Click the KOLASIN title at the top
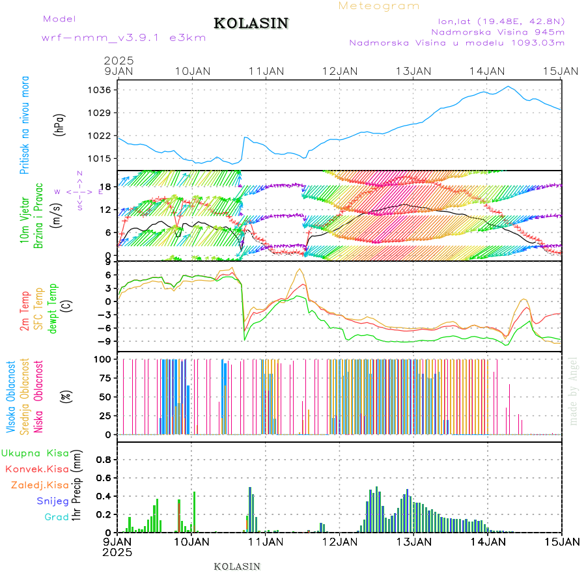click(x=251, y=23)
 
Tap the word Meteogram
click(x=379, y=6)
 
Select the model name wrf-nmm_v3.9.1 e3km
click(x=123, y=38)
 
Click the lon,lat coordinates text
click(x=501, y=20)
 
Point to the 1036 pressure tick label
click(x=101, y=90)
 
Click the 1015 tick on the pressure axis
click(x=101, y=159)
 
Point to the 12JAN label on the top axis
click(x=340, y=71)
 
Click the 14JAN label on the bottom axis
click(x=487, y=541)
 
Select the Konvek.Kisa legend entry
click(x=36, y=469)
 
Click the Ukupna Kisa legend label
click(x=35, y=453)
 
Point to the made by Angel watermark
click(x=574, y=391)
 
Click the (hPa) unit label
click(x=60, y=124)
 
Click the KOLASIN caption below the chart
click(x=237, y=566)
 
